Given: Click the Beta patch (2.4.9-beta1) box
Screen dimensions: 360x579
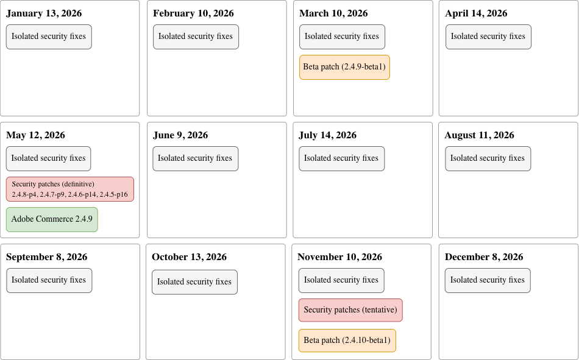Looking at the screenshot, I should (344, 67).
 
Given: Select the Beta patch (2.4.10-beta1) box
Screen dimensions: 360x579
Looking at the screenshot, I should (347, 341).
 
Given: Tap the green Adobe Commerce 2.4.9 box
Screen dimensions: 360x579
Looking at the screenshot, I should (52, 219).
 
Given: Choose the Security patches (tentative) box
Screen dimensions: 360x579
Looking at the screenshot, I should (350, 310).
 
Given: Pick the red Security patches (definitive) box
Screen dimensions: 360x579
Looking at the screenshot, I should (69, 189).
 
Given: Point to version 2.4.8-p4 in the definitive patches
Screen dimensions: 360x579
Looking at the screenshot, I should (24, 195).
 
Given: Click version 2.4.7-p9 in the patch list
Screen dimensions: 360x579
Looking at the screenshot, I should (52, 195).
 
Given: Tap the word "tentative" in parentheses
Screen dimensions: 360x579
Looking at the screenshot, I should (379, 310).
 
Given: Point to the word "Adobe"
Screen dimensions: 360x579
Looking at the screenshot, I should (23, 219).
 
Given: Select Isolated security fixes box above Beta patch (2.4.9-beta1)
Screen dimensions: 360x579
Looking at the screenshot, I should (342, 37).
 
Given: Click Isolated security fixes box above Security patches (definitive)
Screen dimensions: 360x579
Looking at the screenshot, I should (49, 158).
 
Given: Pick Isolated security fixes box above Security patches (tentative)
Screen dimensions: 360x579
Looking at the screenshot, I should (341, 280).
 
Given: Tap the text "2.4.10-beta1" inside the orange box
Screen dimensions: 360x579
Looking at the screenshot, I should (366, 341).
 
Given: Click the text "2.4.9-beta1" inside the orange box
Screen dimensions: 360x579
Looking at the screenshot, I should (363, 67).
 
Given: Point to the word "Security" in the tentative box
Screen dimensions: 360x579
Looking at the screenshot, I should (317, 310).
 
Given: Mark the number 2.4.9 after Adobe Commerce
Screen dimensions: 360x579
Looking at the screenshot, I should (84, 219).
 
